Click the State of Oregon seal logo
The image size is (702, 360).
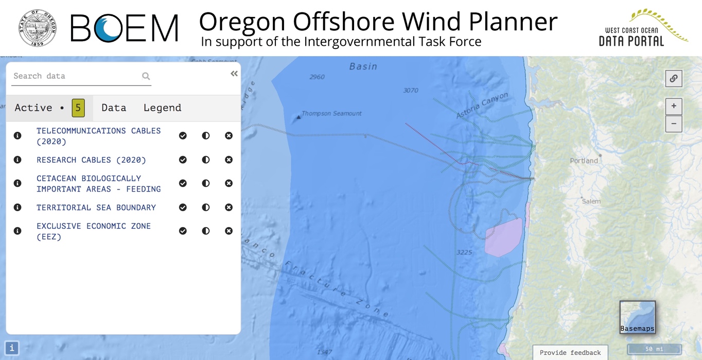[38, 28]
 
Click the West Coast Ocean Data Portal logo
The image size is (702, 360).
[643, 28]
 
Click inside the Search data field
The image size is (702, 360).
[75, 76]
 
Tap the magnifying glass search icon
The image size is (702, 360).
[146, 76]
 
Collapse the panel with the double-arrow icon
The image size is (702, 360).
[234, 74]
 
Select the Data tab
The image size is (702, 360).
[114, 108]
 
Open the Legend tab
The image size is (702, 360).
[162, 108]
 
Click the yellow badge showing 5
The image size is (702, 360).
[78, 108]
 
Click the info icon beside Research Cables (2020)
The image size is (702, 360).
[17, 160]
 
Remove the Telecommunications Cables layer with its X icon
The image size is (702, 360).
[229, 135]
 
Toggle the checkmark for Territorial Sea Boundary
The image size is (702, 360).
[183, 207]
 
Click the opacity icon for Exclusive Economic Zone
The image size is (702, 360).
[206, 231]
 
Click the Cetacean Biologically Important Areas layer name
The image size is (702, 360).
[98, 183]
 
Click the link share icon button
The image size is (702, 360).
[673, 79]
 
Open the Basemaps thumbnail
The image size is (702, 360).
[637, 317]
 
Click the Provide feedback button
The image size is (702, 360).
[570, 352]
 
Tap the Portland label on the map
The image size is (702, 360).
[584, 161]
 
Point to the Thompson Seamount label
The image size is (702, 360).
[331, 113]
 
